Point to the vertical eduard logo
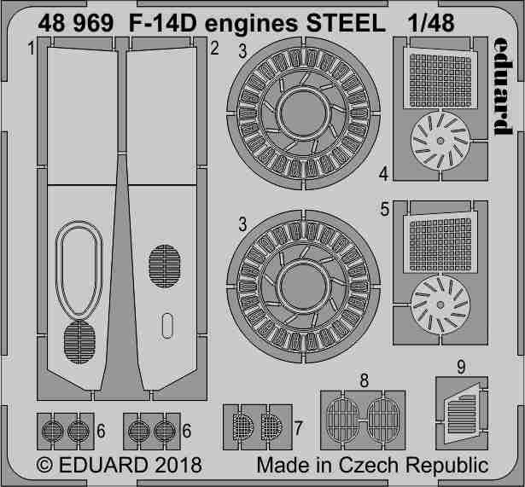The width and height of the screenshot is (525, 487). tap(500, 86)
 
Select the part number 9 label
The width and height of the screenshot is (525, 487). tap(460, 368)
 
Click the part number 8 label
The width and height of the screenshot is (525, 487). tap(365, 380)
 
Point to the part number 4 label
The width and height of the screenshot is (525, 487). tap(384, 174)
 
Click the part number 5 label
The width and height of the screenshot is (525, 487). tap(384, 209)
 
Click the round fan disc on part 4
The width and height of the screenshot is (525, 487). tap(440, 143)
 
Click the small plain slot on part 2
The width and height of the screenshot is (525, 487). tap(167, 325)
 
